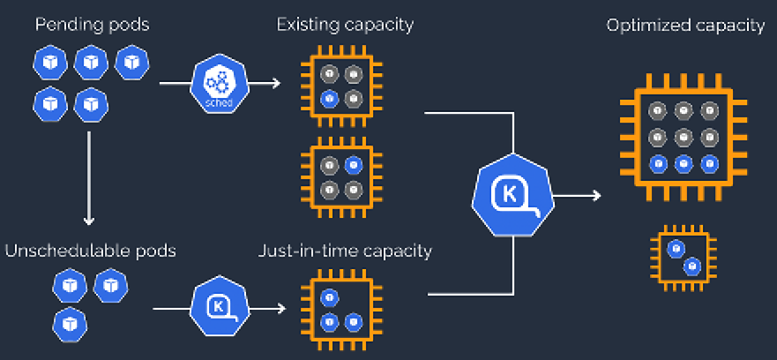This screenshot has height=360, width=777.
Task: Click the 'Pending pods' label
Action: click(x=92, y=25)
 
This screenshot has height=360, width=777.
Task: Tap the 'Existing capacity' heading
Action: click(x=345, y=25)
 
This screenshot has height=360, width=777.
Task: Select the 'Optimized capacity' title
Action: click(x=685, y=26)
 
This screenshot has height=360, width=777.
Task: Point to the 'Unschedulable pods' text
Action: click(x=91, y=251)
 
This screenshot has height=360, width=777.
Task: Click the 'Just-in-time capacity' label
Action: click(x=346, y=251)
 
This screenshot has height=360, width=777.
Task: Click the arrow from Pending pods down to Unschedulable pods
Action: click(x=88, y=176)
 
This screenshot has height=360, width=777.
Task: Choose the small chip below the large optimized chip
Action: click(x=684, y=257)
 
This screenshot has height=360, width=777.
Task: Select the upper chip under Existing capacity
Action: click(x=340, y=86)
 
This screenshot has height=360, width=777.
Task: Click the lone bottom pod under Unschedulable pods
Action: click(x=68, y=322)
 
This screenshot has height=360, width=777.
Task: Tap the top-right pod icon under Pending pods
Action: click(x=132, y=62)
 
